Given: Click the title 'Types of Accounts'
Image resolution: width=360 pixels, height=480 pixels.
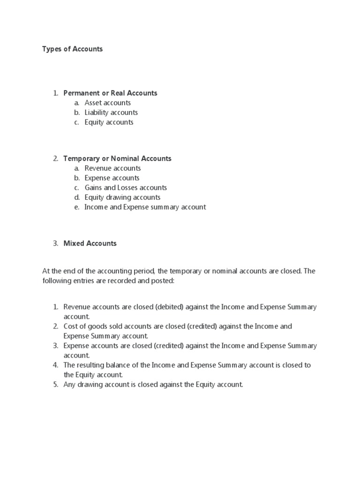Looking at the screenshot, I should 72,49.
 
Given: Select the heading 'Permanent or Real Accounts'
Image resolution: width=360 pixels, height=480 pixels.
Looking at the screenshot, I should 110,93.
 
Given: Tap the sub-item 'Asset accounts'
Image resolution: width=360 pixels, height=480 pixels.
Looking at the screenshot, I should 107,103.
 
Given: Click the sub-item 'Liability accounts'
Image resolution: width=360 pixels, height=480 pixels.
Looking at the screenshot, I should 111,112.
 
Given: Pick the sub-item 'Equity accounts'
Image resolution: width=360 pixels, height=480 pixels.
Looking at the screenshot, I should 109,122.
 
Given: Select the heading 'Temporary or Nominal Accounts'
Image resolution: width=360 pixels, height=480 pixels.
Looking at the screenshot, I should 117,158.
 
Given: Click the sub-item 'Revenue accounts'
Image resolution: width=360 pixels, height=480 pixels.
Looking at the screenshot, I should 112,168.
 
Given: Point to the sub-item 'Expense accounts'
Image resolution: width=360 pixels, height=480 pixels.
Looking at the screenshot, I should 112,178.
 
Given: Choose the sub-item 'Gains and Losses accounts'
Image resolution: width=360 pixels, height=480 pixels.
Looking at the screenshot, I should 126,187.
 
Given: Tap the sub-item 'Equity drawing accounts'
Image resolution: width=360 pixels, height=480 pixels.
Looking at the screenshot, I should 122,197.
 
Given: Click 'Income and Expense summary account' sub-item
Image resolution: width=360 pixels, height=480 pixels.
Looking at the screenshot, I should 145,207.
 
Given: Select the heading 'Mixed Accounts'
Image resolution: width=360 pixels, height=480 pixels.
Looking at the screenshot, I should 90,243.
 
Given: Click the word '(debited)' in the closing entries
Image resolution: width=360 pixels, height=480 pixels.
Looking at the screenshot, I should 167,307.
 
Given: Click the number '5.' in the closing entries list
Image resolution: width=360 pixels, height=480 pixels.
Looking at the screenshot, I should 55,384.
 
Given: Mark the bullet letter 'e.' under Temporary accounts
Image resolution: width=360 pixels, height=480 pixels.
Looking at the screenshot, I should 76,207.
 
